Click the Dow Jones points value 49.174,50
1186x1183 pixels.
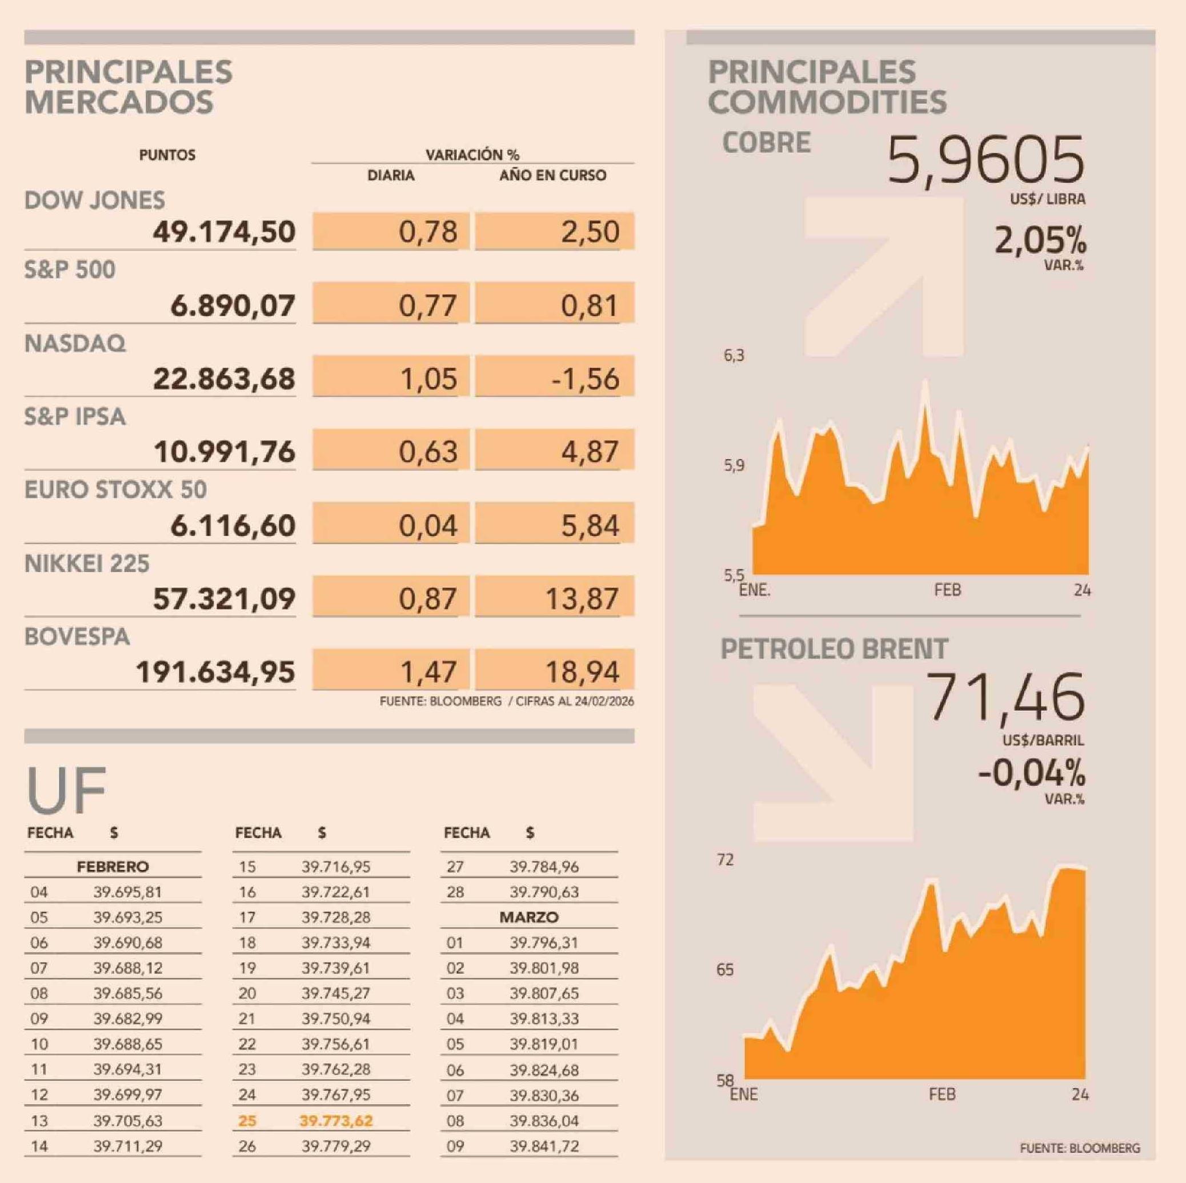224,232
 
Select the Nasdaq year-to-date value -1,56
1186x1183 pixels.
585,379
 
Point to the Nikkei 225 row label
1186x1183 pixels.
87,564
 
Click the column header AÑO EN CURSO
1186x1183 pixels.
552,175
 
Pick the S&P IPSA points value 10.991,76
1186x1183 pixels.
225,452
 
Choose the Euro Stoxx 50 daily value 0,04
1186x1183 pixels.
428,526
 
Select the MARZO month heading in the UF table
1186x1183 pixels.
528,918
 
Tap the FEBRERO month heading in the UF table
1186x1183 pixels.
113,866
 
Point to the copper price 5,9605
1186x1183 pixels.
985,161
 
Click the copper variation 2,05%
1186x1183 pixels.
1040,241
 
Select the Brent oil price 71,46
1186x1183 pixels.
1005,697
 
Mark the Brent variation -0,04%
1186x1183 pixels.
1031,773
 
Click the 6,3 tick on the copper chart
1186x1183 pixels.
734,356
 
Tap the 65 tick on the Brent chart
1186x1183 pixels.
725,970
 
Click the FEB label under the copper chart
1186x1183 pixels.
947,590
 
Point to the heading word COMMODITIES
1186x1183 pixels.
827,102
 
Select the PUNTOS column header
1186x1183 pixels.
167,155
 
